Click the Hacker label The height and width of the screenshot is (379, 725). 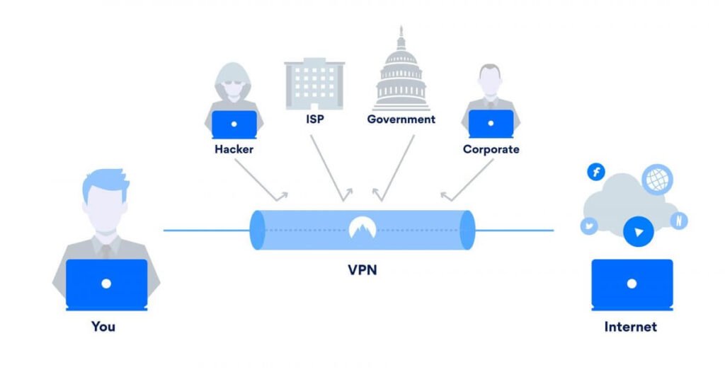pos(234,149)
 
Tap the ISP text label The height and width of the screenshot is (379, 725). pos(314,119)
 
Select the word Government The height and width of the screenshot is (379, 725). pos(401,119)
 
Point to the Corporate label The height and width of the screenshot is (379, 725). pos(491,149)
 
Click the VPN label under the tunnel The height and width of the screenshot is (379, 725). pos(362,269)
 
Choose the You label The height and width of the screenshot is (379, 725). pos(103,326)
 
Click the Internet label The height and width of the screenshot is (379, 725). pos(630,326)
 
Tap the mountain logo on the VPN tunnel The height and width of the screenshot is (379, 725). pos(362,228)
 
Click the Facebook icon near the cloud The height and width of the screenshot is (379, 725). pos(597,172)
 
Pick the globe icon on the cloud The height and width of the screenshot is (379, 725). pos(657,179)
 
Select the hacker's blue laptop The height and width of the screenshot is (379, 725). pos(234,124)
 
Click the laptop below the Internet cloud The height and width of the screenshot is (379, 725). pos(632,284)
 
